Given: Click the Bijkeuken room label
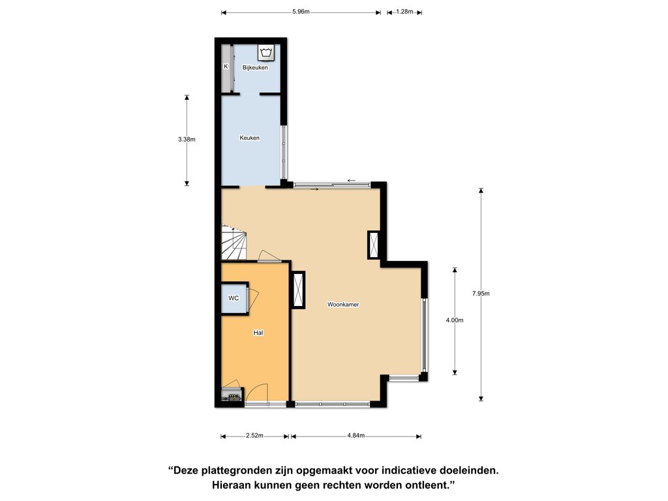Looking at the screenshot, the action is (255, 67).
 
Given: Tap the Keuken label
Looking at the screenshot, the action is (249, 138).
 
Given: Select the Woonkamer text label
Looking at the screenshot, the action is (343, 304).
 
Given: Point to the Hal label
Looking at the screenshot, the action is (258, 333).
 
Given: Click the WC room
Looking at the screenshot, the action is (234, 298).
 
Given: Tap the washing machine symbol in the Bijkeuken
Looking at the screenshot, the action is (267, 53).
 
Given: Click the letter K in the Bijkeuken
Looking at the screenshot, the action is (226, 67).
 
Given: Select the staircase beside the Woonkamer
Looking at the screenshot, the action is (234, 243).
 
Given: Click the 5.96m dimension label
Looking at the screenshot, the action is (301, 12).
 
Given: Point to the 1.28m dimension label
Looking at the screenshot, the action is (404, 12).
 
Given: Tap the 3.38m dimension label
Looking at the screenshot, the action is (187, 139).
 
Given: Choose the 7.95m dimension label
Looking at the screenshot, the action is (481, 293).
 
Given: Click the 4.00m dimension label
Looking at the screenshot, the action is (455, 320).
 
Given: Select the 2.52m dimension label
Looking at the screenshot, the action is (254, 435).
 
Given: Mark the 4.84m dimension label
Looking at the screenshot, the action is (356, 435).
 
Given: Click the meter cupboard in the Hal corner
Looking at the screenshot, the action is (232, 394).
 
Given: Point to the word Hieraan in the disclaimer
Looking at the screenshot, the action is (231, 485).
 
